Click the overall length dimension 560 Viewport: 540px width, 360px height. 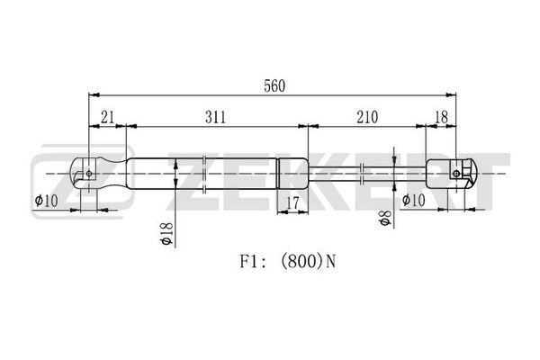pos(274,86)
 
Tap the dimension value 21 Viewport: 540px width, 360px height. pos(107,117)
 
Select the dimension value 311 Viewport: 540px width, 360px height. pos(216,117)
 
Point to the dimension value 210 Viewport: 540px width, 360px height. pos(367,117)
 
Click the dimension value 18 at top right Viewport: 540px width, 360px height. pos(442,117)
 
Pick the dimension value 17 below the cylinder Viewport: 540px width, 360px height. pos(292,202)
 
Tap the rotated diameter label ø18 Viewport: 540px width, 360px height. pos(166,233)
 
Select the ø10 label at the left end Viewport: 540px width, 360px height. pos(47,200)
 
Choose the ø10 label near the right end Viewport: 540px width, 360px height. pos(414,200)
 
